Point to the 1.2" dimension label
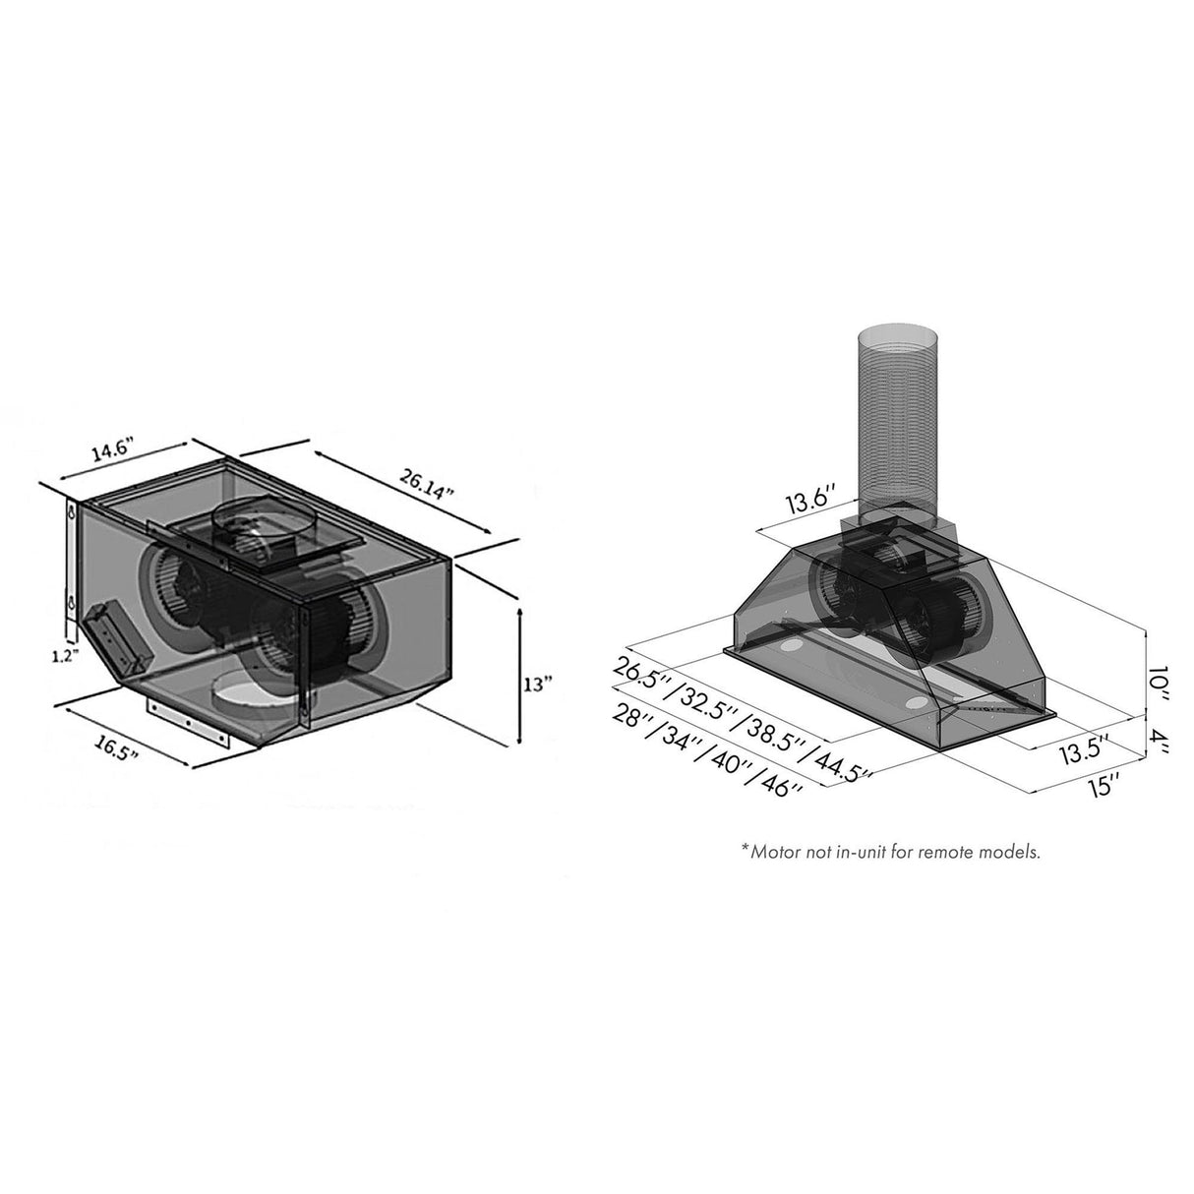click(63, 657)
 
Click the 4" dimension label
click(1162, 739)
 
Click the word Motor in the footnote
click(771, 851)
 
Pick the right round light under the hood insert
click(916, 702)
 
